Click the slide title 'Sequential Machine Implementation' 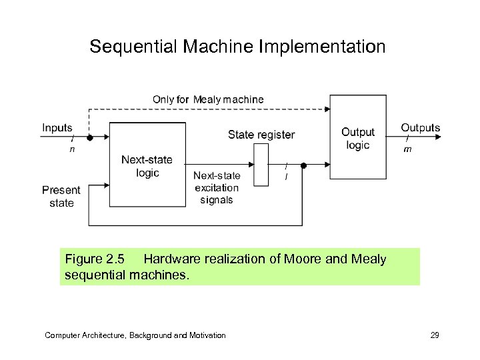click(x=237, y=47)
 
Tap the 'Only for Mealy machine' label click(x=208, y=99)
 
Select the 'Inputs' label click(x=57, y=127)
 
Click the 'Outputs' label click(x=420, y=127)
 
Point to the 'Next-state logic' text click(x=147, y=166)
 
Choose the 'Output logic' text click(x=358, y=139)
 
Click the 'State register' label click(x=261, y=135)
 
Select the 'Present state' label click(x=61, y=196)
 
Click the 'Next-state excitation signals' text click(x=217, y=187)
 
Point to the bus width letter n click(x=72, y=149)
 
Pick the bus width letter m click(x=407, y=149)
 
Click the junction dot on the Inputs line click(x=90, y=138)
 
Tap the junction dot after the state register click(x=303, y=165)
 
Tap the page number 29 click(x=435, y=335)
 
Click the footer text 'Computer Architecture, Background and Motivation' click(x=135, y=335)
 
